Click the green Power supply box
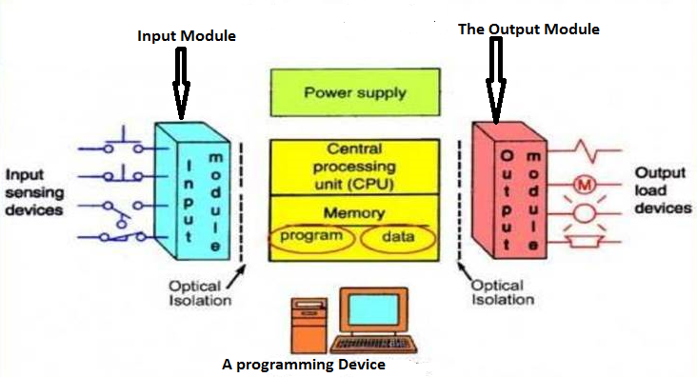[x=354, y=92]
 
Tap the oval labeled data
[x=399, y=235]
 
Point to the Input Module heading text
[x=187, y=35]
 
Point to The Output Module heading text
[x=528, y=30]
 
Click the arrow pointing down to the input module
[x=181, y=81]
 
